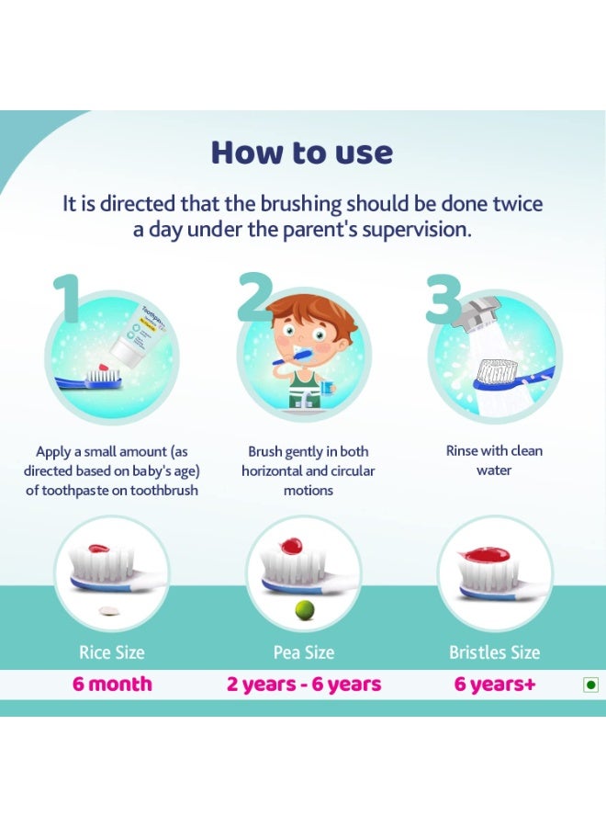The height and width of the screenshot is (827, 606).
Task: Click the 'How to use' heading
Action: pyautogui.click(x=302, y=153)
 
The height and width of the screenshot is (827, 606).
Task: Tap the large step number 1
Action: pyautogui.click(x=67, y=297)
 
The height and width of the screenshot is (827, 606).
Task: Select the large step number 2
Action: pyautogui.click(x=255, y=297)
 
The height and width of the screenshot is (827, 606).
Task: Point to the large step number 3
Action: pyautogui.click(x=443, y=299)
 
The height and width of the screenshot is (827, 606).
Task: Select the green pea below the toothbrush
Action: pyautogui.click(x=304, y=610)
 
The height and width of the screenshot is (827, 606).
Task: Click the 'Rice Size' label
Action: pyautogui.click(x=112, y=652)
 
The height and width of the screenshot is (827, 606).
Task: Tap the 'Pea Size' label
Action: pyautogui.click(x=304, y=652)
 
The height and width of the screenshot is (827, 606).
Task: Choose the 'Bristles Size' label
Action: pyautogui.click(x=494, y=652)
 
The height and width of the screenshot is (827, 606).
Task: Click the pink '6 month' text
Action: pyautogui.click(x=112, y=684)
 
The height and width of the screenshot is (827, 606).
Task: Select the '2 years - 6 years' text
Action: pyautogui.click(x=304, y=684)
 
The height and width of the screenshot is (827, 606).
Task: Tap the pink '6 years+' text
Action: pyautogui.click(x=495, y=684)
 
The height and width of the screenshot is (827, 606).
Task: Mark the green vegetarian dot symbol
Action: pyautogui.click(x=591, y=685)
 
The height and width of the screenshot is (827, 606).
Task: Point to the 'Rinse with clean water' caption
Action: pyautogui.click(x=494, y=460)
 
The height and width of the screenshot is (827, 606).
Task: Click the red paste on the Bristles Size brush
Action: pyautogui.click(x=485, y=554)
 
